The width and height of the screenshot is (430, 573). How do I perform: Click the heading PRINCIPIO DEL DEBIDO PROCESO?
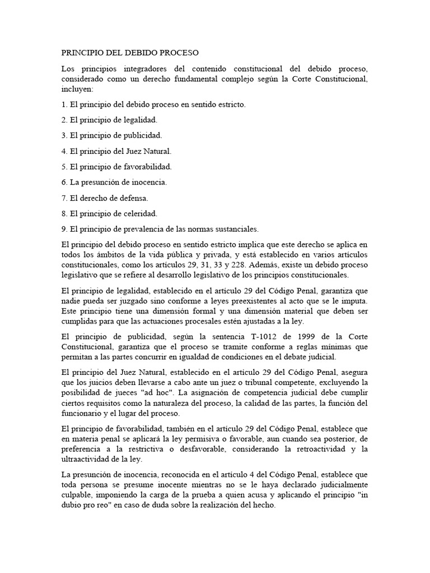130,53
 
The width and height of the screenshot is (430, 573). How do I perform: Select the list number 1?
64,105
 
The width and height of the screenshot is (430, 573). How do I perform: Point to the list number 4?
64,151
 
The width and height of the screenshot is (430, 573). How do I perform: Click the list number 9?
64,228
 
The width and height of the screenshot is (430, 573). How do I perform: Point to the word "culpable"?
78,495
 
